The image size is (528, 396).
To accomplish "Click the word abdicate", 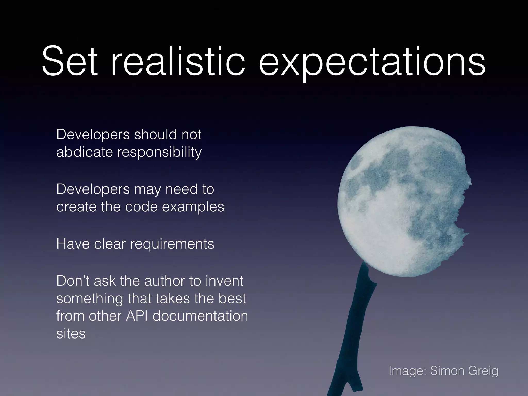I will [84, 152].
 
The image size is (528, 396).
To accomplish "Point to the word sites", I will [71, 333].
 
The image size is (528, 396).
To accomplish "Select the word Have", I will [72, 244].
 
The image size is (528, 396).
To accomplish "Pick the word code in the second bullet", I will [141, 207].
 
